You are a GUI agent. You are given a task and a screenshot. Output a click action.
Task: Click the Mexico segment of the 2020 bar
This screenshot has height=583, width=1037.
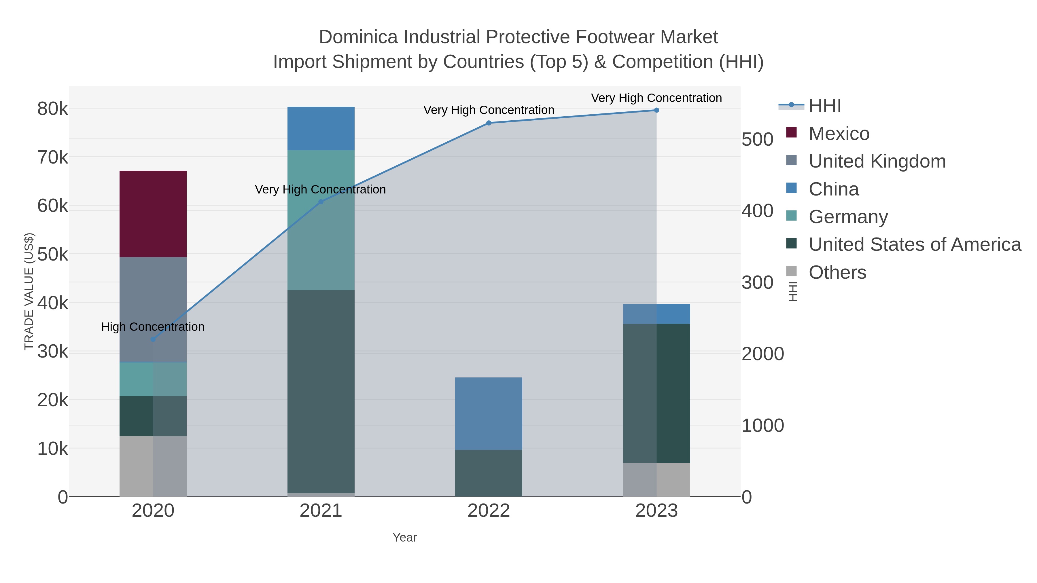click(153, 214)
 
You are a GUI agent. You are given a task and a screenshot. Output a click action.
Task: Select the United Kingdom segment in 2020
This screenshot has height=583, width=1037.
click(153, 309)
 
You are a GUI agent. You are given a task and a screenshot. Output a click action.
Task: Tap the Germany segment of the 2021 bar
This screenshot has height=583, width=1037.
click(321, 220)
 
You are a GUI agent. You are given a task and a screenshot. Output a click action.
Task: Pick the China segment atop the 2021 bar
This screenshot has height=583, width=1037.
click(321, 128)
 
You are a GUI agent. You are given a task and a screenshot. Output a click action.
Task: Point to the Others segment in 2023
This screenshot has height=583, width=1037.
click(656, 480)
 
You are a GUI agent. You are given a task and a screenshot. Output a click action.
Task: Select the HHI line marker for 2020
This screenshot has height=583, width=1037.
click(153, 339)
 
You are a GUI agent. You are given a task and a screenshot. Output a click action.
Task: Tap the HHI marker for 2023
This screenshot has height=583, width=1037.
click(656, 110)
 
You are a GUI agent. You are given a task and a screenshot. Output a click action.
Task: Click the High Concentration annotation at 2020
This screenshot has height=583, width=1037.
click(153, 327)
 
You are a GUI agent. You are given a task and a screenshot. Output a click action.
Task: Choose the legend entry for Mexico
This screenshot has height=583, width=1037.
click(839, 134)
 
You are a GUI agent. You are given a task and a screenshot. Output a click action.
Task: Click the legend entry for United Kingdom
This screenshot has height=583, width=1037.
click(877, 161)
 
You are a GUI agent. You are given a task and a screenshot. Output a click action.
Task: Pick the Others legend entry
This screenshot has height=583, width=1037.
click(837, 272)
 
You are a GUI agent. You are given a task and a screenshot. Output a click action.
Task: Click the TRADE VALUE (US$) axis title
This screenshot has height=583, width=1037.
click(29, 291)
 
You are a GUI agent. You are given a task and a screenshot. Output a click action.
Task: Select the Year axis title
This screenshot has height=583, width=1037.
click(405, 538)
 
